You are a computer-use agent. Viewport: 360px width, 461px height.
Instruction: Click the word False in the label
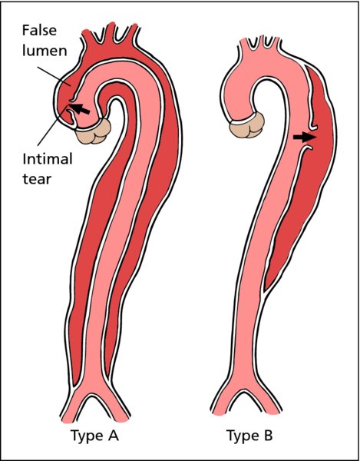click(39, 31)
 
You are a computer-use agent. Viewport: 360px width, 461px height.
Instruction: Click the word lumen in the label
click(45, 51)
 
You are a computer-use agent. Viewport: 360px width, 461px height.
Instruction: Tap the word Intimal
click(48, 159)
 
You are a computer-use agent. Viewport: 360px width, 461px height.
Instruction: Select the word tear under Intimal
click(37, 178)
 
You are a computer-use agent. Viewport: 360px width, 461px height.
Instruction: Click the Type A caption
click(94, 436)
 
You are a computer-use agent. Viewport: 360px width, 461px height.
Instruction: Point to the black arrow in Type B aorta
click(305, 137)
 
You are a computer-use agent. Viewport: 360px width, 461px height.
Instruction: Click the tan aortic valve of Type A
click(94, 131)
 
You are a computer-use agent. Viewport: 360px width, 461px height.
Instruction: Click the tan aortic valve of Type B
click(247, 126)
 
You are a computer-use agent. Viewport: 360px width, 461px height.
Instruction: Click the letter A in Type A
click(112, 435)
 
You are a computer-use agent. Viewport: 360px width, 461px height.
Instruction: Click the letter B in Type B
click(268, 435)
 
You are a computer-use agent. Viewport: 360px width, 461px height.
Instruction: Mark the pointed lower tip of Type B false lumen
click(265, 290)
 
